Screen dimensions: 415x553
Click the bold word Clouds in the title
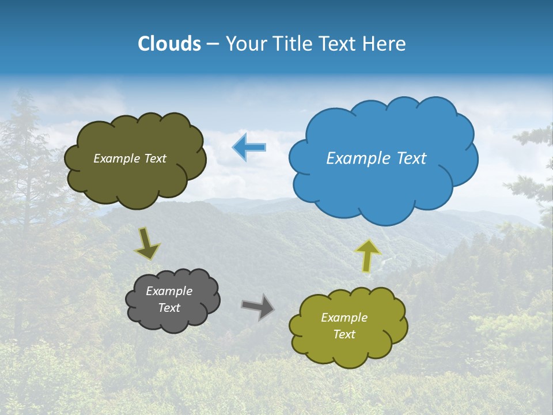point(169,44)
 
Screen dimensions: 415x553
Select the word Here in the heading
point(386,44)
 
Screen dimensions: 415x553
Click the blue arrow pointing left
point(249,147)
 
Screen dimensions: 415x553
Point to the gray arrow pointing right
point(257,307)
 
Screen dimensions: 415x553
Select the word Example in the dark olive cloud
point(117,159)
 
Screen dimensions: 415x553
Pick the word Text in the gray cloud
point(169,308)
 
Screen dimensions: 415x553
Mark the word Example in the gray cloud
point(169,291)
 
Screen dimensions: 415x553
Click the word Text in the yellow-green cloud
point(344,334)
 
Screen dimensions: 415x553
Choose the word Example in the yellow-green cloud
point(344,318)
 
